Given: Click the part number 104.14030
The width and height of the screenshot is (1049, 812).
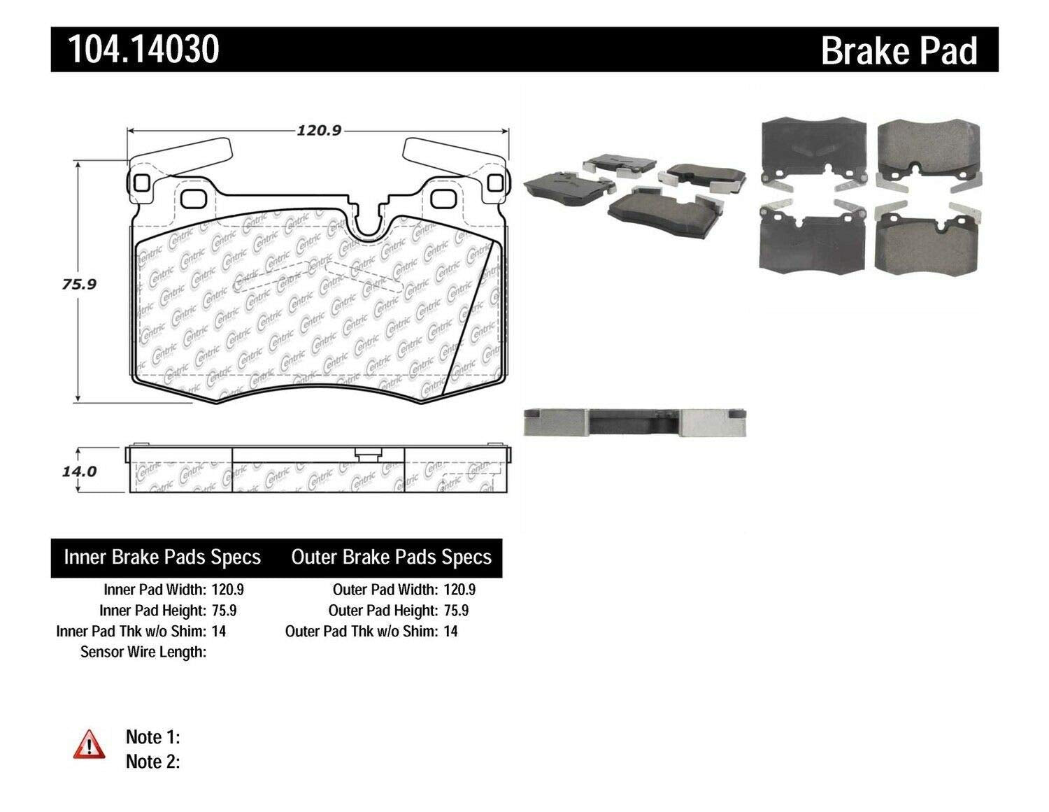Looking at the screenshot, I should [x=143, y=50].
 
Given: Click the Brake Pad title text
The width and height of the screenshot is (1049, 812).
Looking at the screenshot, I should [x=899, y=51].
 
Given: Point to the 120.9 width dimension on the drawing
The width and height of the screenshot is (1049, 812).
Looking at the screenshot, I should [x=318, y=131].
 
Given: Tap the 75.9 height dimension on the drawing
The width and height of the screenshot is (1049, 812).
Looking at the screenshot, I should [x=78, y=284].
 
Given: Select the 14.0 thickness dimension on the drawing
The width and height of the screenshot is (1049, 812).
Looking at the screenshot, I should [x=79, y=471].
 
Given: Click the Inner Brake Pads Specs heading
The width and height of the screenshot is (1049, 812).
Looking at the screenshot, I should [x=162, y=557].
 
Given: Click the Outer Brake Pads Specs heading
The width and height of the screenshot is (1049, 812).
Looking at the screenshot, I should [x=391, y=557].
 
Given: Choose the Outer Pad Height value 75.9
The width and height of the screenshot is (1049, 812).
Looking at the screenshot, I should [x=456, y=611].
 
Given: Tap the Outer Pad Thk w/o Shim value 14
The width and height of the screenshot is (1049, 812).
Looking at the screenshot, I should [x=450, y=631].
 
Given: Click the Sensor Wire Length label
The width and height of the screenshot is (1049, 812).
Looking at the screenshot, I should [x=143, y=652].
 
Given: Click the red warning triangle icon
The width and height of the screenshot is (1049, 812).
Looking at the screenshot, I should [x=89, y=744].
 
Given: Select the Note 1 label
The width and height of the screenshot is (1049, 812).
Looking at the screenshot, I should [x=152, y=736].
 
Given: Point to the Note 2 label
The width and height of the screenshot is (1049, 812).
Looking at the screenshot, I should [x=152, y=761].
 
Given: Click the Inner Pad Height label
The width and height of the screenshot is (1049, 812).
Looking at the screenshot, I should [x=152, y=611].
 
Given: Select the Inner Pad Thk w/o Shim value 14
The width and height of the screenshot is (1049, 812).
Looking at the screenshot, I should [x=218, y=631].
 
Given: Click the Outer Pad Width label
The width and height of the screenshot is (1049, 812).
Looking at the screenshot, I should [x=385, y=590].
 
